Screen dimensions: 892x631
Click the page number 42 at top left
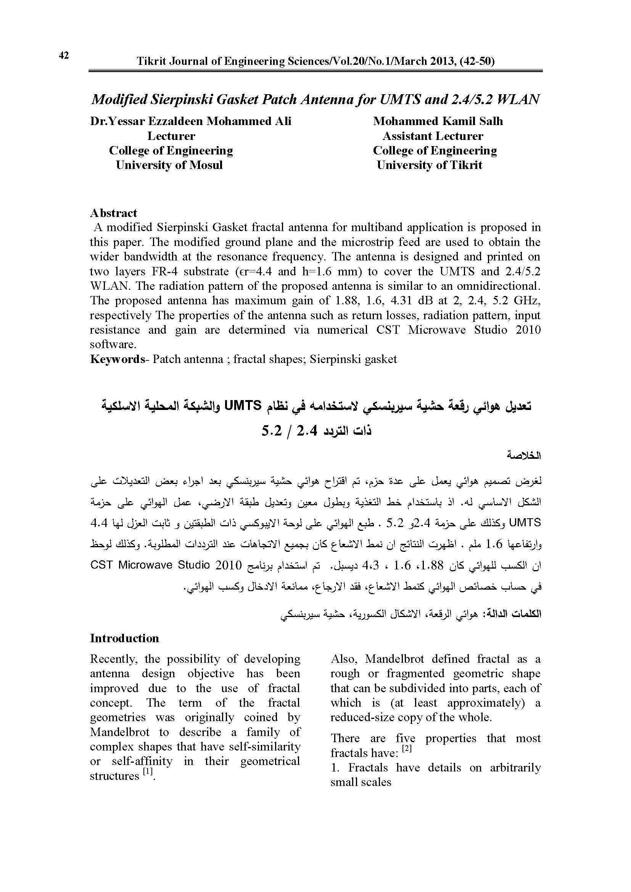[64, 56]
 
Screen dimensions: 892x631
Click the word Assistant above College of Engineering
[407, 136]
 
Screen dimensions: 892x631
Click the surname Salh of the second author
[490, 121]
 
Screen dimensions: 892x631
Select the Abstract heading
[113, 213]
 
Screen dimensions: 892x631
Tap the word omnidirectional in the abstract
[498, 286]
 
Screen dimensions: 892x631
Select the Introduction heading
[124, 638]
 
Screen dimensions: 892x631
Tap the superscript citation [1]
[148, 770]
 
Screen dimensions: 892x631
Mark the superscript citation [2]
[406, 748]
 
